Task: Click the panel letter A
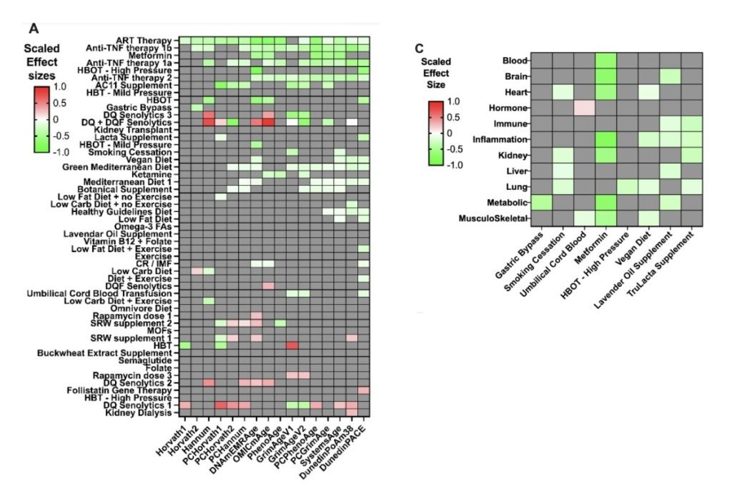coord(34,29)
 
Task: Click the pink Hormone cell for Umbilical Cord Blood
coord(584,108)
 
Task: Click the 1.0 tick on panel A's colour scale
coord(63,86)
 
